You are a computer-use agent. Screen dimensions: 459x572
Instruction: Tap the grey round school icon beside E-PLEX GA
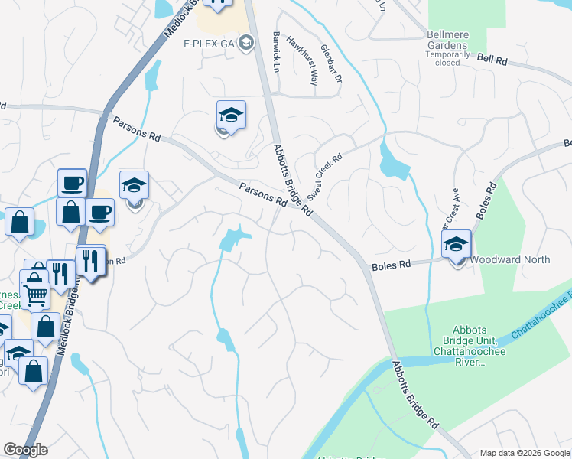(246, 42)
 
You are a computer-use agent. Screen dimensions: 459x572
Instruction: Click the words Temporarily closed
(448, 58)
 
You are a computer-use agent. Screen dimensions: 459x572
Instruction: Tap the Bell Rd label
(492, 59)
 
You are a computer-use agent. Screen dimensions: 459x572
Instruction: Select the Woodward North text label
(510, 259)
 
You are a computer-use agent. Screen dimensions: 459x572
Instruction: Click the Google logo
(25, 450)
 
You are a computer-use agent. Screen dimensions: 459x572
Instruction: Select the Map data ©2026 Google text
(525, 453)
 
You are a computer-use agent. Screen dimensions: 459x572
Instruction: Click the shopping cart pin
(34, 294)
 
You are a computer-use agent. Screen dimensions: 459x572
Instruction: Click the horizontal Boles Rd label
(392, 265)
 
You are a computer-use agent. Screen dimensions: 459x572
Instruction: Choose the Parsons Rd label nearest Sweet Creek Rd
(262, 194)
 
